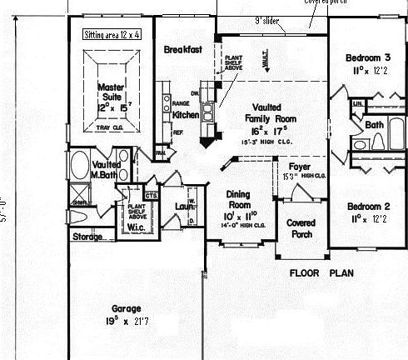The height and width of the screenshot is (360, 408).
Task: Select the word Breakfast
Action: pos(182,50)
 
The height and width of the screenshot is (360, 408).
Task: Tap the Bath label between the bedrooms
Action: pos(374,124)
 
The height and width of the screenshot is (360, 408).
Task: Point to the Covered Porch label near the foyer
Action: pos(300,228)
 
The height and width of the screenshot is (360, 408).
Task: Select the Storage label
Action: pos(87,236)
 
